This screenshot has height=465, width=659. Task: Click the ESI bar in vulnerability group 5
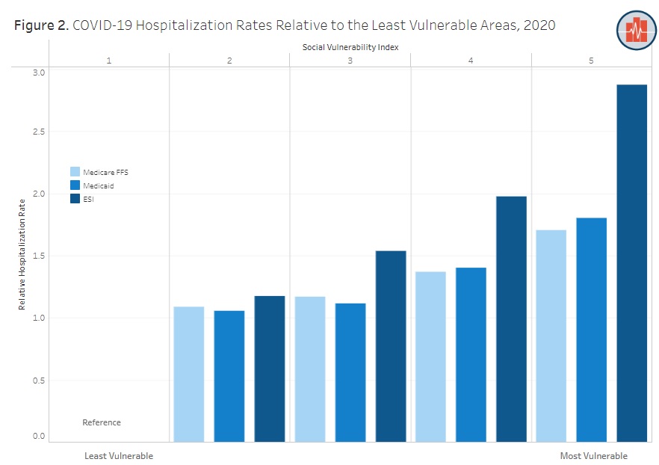pos(631,262)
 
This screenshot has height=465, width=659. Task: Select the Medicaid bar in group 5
pos(591,329)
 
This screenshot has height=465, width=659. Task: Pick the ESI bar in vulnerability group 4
pos(511,318)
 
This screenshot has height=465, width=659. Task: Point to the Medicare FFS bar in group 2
pos(188,374)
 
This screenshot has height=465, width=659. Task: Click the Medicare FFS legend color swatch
pos(75,172)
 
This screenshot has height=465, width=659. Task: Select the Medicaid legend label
pos(99,185)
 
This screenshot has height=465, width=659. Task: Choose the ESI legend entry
pos(89,199)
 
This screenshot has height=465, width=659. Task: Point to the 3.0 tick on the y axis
pos(37,73)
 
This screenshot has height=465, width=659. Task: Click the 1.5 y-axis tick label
pos(37,256)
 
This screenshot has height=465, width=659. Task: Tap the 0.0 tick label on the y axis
pos(37,437)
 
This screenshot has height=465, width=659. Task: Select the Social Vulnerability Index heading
pos(350,47)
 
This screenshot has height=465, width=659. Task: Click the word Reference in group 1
pos(101,422)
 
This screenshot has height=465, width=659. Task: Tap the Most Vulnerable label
pos(593,456)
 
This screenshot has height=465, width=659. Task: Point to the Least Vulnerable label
pos(119,456)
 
